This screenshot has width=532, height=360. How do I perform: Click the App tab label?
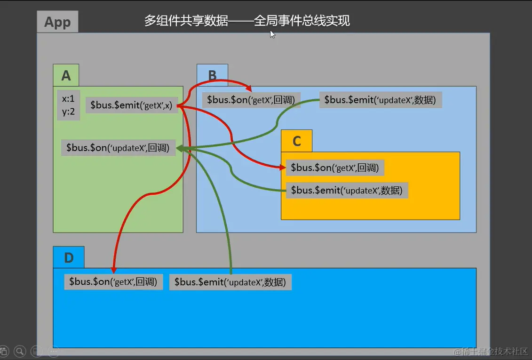(x=57, y=22)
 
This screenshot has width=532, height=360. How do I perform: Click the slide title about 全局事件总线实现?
(x=247, y=21)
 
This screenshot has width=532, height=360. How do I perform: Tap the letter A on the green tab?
(x=66, y=75)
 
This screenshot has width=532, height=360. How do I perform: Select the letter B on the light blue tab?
(x=212, y=75)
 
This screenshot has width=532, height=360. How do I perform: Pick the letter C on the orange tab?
(x=296, y=141)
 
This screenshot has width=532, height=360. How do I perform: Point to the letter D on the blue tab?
(x=69, y=257)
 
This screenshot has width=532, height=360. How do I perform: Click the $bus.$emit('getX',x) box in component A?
(x=131, y=105)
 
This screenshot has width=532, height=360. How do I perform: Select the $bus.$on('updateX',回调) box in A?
(x=118, y=148)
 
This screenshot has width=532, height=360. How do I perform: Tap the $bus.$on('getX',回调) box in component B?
(x=251, y=100)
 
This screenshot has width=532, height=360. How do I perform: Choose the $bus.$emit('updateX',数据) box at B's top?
(x=380, y=100)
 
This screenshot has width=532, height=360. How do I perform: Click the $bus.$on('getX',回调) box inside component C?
(x=335, y=168)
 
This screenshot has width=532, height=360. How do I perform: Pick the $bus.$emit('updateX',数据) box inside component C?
(x=347, y=190)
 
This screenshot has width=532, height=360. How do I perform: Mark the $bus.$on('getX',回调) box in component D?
(x=113, y=282)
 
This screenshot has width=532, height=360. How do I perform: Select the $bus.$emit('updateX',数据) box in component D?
(x=230, y=282)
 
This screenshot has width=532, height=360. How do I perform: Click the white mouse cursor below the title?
(x=272, y=34)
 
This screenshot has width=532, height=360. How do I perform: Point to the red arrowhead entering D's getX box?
(x=113, y=269)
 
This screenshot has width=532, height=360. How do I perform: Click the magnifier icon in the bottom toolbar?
(x=20, y=351)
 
